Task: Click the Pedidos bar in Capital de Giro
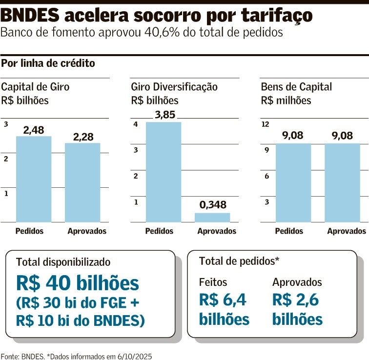(34, 179)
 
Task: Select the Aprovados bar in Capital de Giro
(82, 182)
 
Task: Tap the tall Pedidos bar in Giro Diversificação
(164, 172)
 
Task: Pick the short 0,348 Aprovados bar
(212, 218)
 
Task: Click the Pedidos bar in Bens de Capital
(293, 183)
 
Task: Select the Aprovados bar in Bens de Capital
(343, 183)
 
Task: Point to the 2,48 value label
(34, 130)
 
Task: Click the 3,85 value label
(165, 115)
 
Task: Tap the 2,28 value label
(83, 137)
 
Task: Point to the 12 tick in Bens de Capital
(265, 124)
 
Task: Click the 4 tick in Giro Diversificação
(136, 124)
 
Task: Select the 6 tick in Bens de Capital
(266, 176)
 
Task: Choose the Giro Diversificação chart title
(174, 87)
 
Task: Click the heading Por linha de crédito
(48, 63)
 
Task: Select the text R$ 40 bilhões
(78, 283)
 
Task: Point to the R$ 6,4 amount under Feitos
(223, 300)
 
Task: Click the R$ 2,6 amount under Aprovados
(296, 300)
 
